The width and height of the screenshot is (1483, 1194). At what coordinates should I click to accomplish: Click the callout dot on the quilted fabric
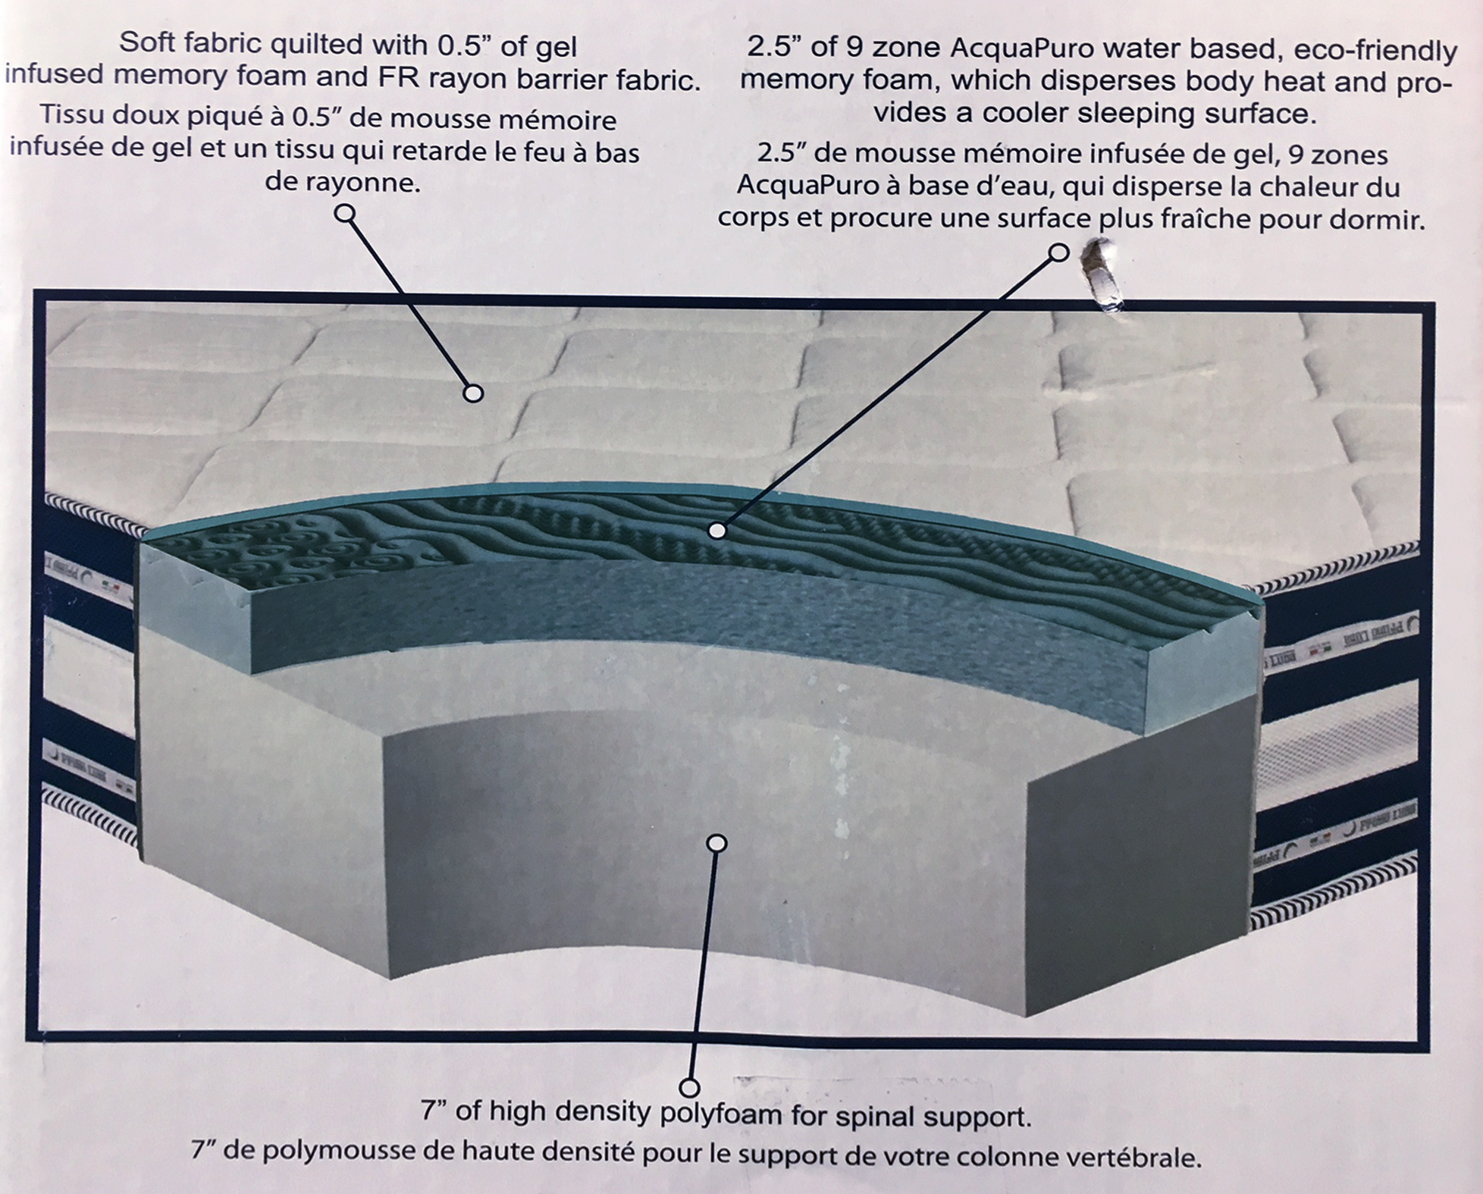pyautogui.click(x=473, y=393)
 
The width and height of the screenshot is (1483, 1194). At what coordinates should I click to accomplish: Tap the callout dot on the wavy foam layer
pyautogui.click(x=716, y=530)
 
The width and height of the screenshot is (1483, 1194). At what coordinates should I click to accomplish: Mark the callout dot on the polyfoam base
pyautogui.click(x=716, y=843)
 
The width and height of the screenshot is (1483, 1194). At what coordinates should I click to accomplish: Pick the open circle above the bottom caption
pyautogui.click(x=689, y=1088)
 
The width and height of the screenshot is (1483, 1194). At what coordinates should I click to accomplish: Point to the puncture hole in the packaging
pyautogui.click(x=1102, y=277)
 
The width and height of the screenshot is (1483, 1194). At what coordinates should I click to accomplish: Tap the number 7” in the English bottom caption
pyautogui.click(x=438, y=1110)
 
